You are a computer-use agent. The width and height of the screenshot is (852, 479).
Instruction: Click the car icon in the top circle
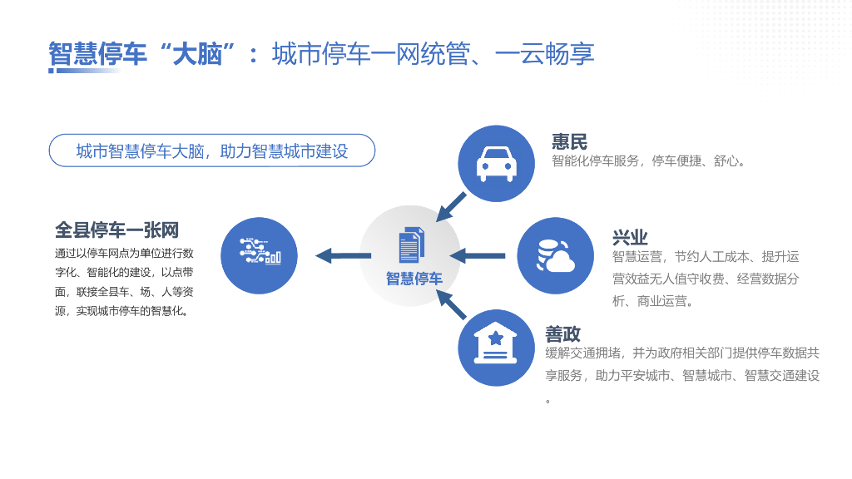tap(497, 164)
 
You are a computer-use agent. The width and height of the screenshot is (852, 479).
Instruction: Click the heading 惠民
tap(569, 141)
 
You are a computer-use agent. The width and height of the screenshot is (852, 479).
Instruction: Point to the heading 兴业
tap(630, 237)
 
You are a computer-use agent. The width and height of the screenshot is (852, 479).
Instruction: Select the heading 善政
tap(562, 333)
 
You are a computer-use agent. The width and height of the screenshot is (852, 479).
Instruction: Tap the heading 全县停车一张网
tap(117, 230)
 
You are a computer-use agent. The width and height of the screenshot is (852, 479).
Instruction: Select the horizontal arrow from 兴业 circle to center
tap(478, 255)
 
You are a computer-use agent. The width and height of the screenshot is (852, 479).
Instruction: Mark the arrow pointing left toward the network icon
tap(336, 255)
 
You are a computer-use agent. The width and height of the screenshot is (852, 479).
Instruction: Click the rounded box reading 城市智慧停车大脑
tap(212, 151)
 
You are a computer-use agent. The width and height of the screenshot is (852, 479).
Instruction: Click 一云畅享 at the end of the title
tap(544, 54)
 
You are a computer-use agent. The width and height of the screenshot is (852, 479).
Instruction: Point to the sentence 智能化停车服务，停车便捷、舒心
tap(649, 161)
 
